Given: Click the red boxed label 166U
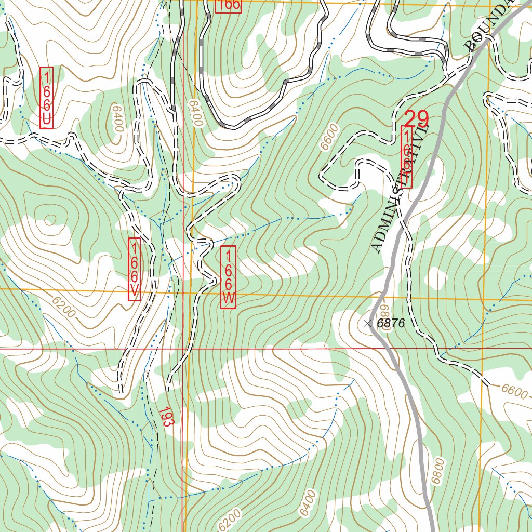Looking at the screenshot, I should (x=47, y=98).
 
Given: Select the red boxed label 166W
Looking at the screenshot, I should (x=228, y=277).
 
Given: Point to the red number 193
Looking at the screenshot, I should (x=165, y=417).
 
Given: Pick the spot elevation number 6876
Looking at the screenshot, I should (x=391, y=323).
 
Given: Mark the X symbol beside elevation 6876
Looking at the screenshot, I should (x=368, y=324).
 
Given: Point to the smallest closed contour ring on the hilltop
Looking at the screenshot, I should (x=50, y=221).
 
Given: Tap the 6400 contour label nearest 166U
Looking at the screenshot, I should (x=115, y=118).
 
